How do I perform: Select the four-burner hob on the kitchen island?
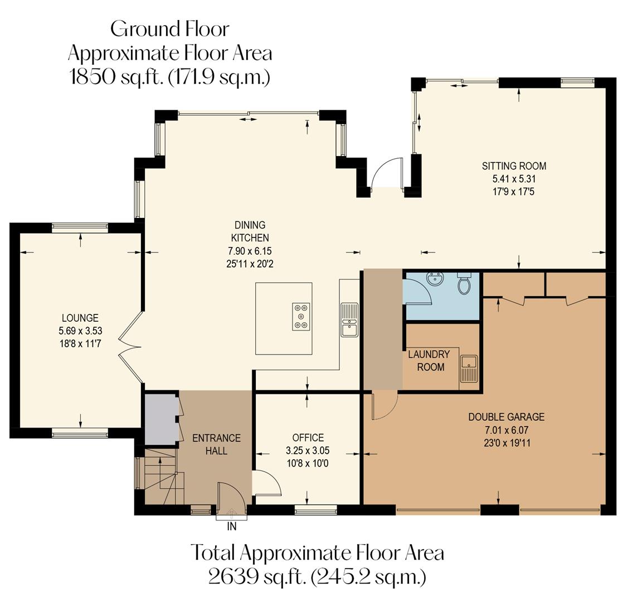click(301, 316)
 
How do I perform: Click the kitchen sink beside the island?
click(349, 320)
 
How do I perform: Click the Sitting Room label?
click(514, 166)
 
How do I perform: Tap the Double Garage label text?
click(506, 417)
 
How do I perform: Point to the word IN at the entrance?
click(232, 526)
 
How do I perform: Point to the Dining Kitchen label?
click(250, 231)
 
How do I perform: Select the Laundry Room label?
click(429, 361)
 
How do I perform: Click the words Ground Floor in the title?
click(169, 29)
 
